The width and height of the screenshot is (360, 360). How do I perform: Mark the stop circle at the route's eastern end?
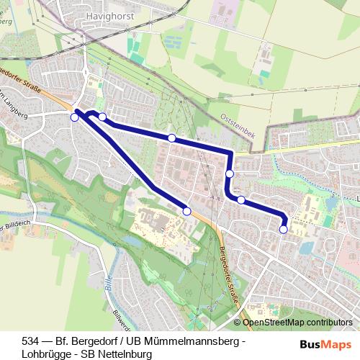click(283, 229)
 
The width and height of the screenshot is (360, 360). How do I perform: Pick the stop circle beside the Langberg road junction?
click(74, 117)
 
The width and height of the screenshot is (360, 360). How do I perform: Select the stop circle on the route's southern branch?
click(187, 212)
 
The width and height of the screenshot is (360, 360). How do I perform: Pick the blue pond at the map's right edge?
click(332, 204)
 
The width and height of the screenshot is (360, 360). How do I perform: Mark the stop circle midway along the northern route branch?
click(171, 138)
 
